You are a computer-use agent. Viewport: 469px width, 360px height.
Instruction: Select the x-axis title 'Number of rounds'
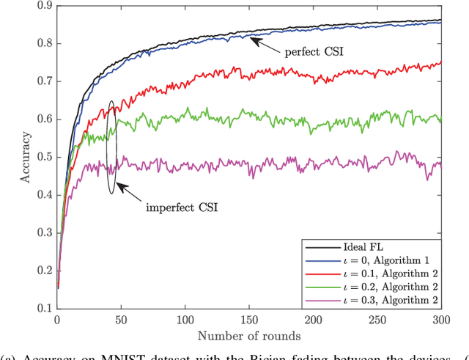coord(248,337)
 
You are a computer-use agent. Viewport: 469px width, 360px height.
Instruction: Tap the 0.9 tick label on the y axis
coord(44,6)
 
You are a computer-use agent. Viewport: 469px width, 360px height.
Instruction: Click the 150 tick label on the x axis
coord(249,320)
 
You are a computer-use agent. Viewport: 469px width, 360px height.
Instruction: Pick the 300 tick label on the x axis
coord(440,320)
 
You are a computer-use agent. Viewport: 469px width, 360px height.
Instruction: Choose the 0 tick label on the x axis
coord(57,320)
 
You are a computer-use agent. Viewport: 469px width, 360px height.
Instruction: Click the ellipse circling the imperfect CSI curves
coord(111,147)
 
